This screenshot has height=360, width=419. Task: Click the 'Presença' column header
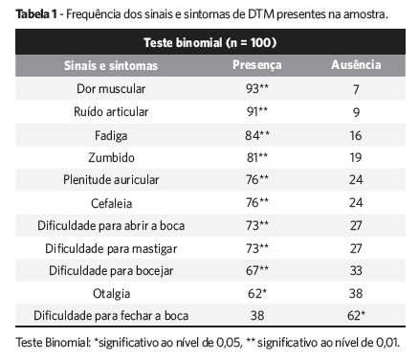[256, 66]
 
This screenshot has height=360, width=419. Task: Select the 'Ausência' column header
[356, 66]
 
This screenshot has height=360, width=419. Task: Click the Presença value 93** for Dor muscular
[256, 88]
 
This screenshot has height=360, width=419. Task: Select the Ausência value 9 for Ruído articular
[356, 110]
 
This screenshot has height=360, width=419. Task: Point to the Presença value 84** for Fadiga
[256, 133]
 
